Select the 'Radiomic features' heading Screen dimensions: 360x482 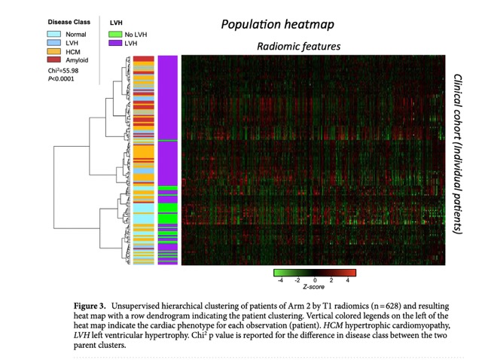coord(299,47)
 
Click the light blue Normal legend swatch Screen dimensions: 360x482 coord(55,35)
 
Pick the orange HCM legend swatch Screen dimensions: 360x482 coord(55,50)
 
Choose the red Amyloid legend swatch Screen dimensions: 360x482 coord(55,59)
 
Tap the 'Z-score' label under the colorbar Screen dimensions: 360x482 coord(314,287)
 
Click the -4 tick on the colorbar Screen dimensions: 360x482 coord(280,279)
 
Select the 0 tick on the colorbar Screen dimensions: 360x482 coord(315,279)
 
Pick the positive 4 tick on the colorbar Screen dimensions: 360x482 coord(348,279)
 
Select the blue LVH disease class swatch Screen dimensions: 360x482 coord(55,43)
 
